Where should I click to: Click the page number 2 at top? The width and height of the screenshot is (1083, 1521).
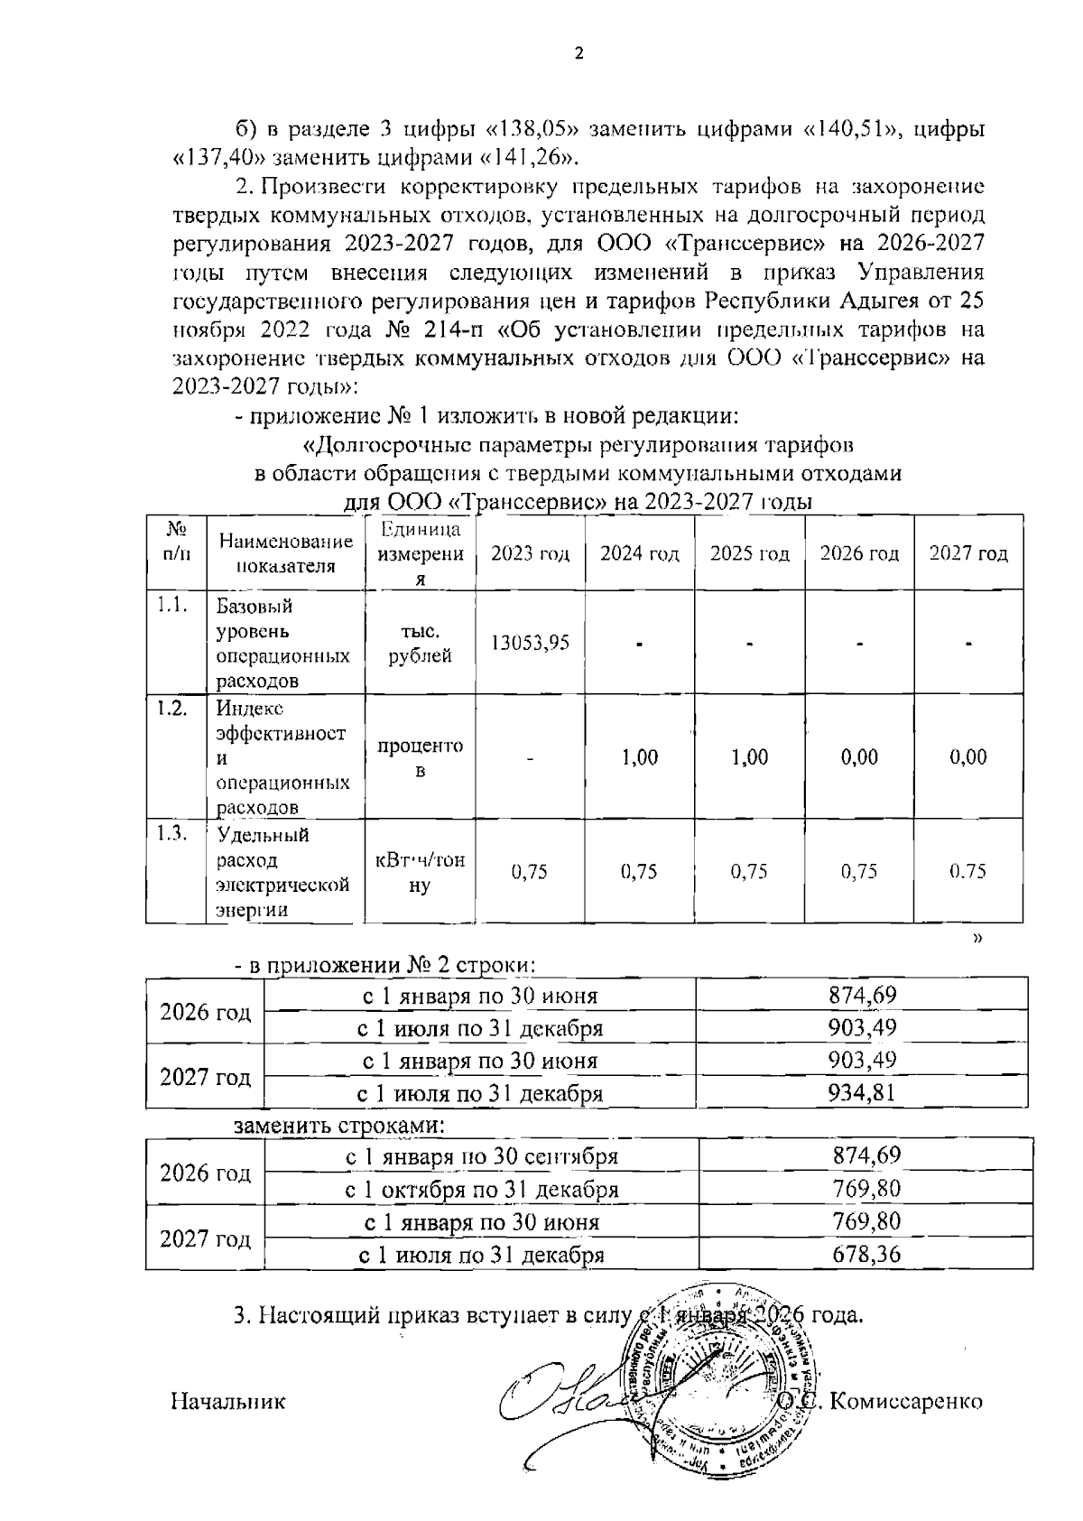coord(579,53)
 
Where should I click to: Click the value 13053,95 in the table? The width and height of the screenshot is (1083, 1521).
coord(530,642)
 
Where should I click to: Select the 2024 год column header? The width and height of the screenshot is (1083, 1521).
coord(640,553)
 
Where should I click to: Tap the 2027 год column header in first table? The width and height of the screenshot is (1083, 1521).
coord(968,553)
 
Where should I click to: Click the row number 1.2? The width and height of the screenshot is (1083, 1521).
coord(171,709)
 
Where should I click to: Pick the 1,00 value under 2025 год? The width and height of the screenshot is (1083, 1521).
coord(750,757)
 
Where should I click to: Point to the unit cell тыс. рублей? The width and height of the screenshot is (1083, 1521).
coord(421,644)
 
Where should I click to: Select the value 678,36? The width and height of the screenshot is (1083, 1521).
coord(865,1254)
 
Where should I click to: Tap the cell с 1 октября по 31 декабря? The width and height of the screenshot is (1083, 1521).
coord(482,1189)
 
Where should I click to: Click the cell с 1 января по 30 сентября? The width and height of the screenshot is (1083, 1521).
coord(482,1156)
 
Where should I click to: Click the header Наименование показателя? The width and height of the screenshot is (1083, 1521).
coord(286,553)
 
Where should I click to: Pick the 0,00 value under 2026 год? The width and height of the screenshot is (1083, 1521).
coord(859,757)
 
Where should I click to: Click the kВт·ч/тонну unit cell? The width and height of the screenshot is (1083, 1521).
coord(421,872)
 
